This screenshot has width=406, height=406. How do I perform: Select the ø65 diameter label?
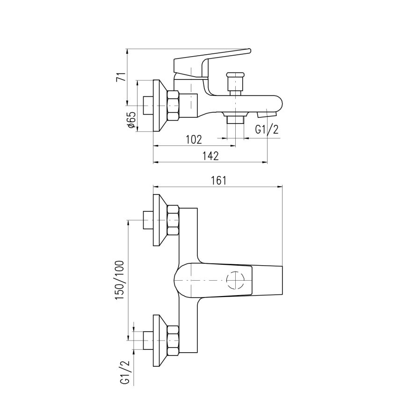pos(131,120)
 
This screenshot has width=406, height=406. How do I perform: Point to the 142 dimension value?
pos(211,156)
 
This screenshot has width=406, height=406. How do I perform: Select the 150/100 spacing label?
pos(120,281)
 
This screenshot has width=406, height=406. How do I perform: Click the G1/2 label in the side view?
pos(267,130)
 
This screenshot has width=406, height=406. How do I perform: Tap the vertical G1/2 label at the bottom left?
pos(125,372)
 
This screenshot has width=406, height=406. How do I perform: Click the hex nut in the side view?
pos(173,106)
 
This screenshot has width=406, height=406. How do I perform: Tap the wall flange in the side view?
pos(159,106)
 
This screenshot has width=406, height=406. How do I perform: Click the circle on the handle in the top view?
pos(235,281)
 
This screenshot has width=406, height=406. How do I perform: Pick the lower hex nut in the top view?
pos(173,340)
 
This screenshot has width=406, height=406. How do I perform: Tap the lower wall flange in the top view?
pos(159,340)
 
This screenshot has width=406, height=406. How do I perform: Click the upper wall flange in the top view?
pos(159,220)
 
